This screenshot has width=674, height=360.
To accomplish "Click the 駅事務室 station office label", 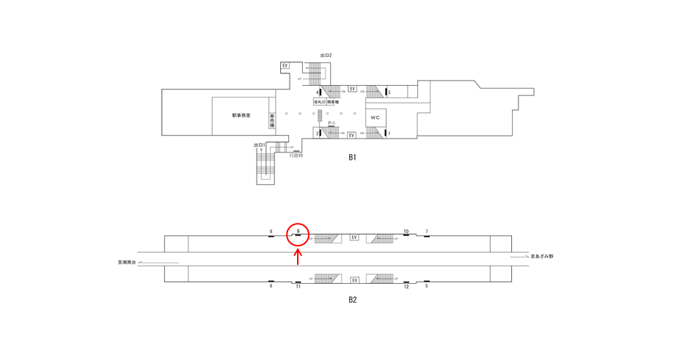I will [x=241, y=115].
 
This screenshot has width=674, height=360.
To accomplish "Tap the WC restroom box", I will [x=375, y=117].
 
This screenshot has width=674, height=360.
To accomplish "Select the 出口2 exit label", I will [x=326, y=55].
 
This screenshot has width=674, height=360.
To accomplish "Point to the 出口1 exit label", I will [x=259, y=145].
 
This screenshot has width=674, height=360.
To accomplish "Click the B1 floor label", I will [x=353, y=157].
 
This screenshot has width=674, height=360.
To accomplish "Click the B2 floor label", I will [x=353, y=299].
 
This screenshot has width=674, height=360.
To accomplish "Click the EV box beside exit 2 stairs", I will [x=285, y=66].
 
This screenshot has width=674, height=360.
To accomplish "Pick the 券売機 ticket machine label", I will [x=272, y=120].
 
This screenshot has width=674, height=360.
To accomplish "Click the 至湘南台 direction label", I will [x=128, y=262].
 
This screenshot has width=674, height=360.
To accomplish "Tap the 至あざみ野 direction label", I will [x=543, y=257].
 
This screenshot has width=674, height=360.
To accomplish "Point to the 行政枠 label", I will [x=296, y=155].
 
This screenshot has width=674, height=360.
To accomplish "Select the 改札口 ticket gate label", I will [x=319, y=102].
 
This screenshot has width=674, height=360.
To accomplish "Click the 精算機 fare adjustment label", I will [x=333, y=102].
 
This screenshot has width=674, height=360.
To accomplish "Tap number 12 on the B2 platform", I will [x=406, y=286].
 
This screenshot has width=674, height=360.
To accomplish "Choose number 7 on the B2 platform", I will [x=427, y=232].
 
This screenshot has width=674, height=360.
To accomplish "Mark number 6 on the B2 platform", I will [x=271, y=286].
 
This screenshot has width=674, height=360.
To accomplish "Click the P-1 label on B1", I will [x=331, y=123].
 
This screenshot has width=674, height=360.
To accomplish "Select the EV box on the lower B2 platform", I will [x=355, y=280].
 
